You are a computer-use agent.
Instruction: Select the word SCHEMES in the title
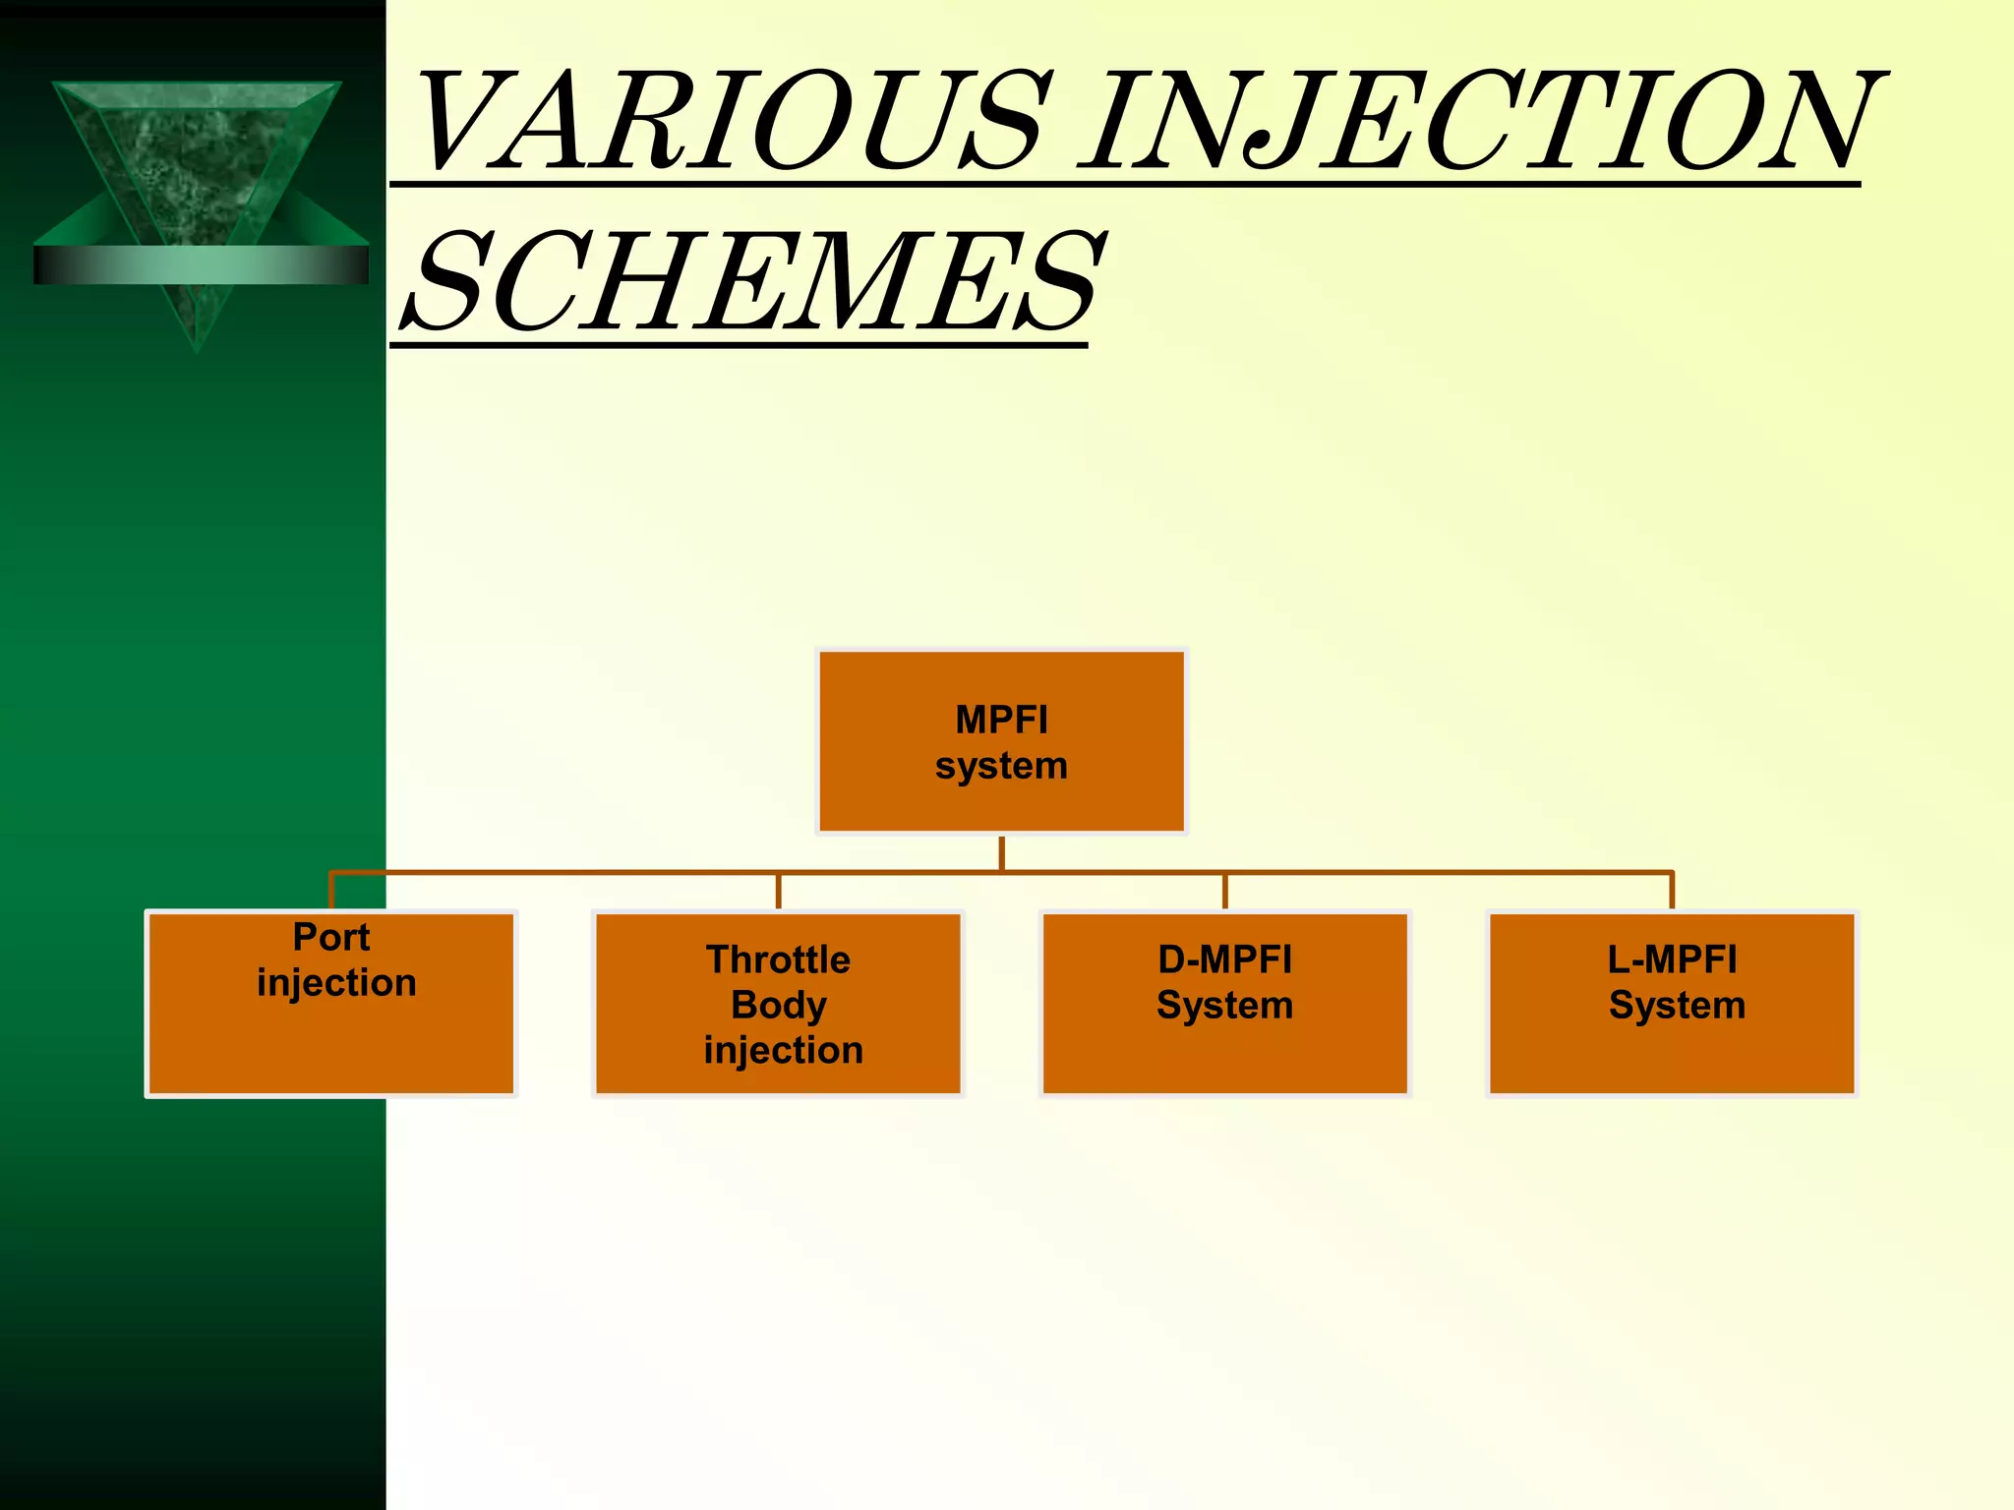(x=752, y=283)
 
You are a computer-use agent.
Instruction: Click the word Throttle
(x=778, y=959)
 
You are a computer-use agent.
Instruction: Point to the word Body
(x=778, y=1005)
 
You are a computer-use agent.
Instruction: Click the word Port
(x=330, y=937)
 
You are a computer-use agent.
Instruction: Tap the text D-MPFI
(x=1224, y=959)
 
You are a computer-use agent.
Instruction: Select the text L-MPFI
(x=1672, y=959)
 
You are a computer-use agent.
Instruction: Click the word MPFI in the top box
(x=1001, y=720)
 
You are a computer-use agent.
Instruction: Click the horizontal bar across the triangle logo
(x=201, y=264)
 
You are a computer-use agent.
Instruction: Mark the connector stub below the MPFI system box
(x=1001, y=852)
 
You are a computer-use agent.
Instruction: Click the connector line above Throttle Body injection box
(x=778, y=891)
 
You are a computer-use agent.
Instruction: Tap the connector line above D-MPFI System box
(x=1224, y=891)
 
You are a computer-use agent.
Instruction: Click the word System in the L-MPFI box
(x=1677, y=1005)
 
